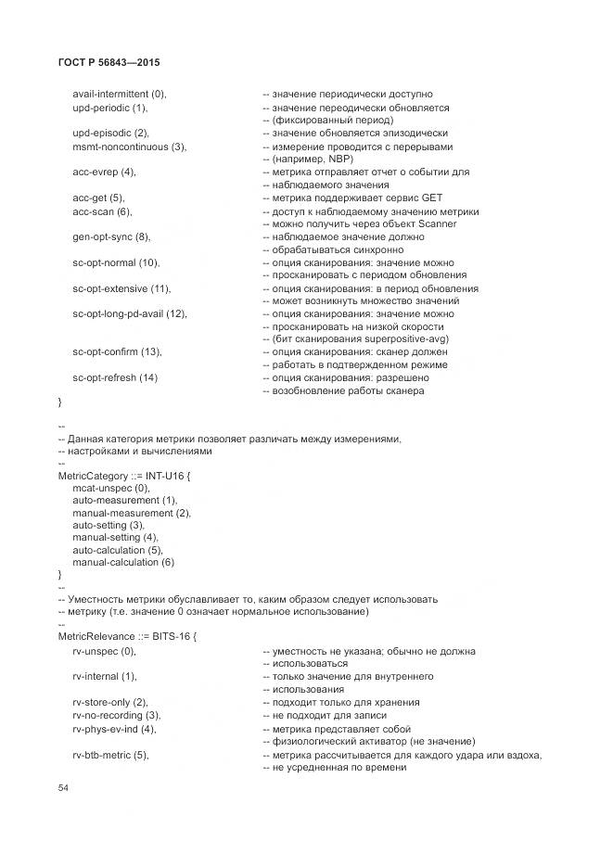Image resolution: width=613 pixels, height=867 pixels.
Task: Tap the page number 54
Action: (64, 787)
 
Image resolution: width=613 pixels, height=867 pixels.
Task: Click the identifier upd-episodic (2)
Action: (110, 133)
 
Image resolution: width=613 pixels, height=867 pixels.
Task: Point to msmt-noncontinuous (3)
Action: (130, 146)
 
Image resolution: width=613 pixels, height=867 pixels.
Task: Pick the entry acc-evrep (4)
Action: (104, 172)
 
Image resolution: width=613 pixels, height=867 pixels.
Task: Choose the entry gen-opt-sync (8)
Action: (111, 236)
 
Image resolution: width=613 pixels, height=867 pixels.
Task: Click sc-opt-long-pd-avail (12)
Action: (130, 313)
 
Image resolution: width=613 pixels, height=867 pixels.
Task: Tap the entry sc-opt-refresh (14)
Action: (115, 377)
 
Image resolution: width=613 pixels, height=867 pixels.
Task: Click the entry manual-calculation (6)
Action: (123, 562)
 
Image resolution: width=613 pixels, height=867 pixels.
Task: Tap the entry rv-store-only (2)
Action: (109, 702)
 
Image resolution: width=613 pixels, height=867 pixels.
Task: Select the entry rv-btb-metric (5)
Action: (110, 755)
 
